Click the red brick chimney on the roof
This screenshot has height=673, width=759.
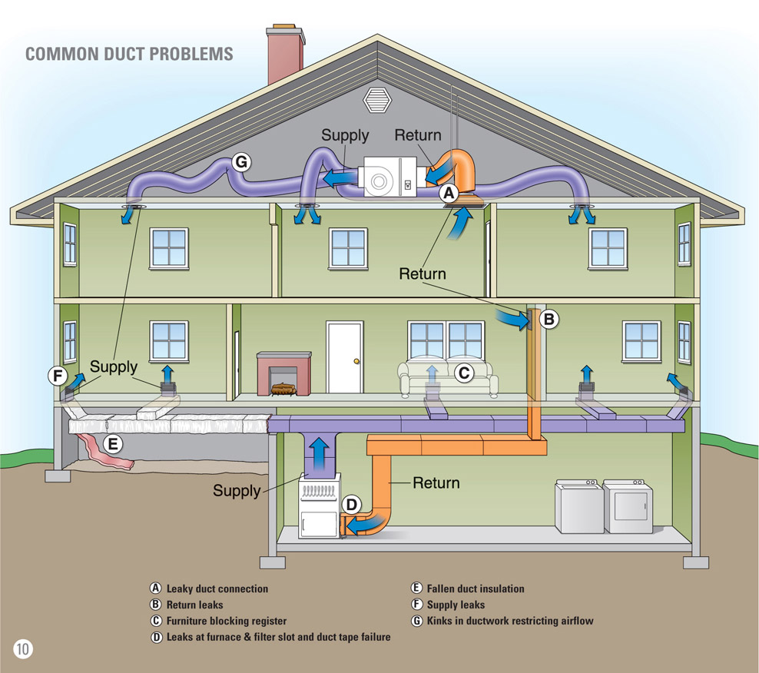[284, 55]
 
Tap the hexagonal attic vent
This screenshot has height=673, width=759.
[377, 98]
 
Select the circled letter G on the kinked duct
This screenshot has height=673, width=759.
[242, 162]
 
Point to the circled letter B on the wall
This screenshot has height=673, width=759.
[549, 319]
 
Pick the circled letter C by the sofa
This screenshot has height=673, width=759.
[463, 373]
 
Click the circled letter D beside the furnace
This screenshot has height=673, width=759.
[351, 505]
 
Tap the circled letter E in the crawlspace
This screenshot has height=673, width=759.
[112, 443]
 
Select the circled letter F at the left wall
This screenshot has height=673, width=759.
[57, 376]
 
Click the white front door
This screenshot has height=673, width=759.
[343, 357]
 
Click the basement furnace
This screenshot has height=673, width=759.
[320, 506]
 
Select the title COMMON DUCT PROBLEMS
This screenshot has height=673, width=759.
[129, 55]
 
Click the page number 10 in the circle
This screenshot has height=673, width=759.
[22, 648]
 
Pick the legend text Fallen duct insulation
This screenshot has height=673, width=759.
[475, 588]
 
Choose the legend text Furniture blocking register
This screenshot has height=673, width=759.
[226, 621]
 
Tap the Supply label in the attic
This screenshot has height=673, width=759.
[345, 135]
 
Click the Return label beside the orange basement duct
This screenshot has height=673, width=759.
[436, 483]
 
